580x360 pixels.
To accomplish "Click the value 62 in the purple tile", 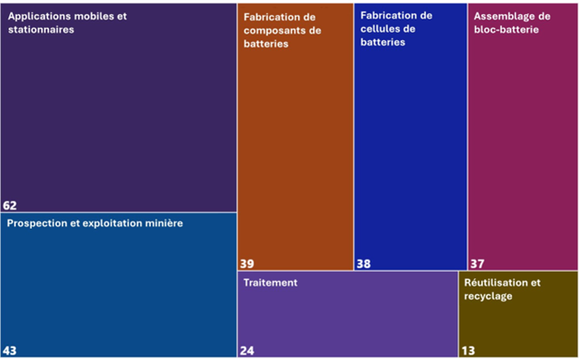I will pyautogui.click(x=10, y=206).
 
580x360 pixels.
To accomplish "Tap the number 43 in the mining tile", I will pyautogui.click(x=10, y=351).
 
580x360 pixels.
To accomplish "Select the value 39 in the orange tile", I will pyautogui.click(x=247, y=263).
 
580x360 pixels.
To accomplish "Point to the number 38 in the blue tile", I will pyautogui.click(x=363, y=264).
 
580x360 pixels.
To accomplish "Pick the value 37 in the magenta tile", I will pyautogui.click(x=478, y=264).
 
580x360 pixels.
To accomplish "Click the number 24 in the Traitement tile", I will pyautogui.click(x=247, y=351).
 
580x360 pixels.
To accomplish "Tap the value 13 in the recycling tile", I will pyautogui.click(x=468, y=351).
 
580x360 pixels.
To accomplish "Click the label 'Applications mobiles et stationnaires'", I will pyautogui.click(x=65, y=23).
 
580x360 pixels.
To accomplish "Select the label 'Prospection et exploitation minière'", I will pyautogui.click(x=95, y=224).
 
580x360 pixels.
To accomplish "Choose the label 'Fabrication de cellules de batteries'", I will pyautogui.click(x=396, y=29).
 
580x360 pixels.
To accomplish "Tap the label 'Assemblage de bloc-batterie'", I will pyautogui.click(x=511, y=23).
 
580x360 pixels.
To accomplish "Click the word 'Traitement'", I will pyautogui.click(x=270, y=283).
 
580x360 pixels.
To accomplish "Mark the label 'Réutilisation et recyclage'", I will pyautogui.click(x=501, y=289).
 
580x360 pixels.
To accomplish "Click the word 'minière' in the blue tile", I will pyautogui.click(x=163, y=224).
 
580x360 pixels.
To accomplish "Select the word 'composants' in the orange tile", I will pyautogui.click(x=277, y=30).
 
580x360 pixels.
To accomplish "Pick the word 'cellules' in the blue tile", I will pyautogui.click(x=379, y=29).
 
